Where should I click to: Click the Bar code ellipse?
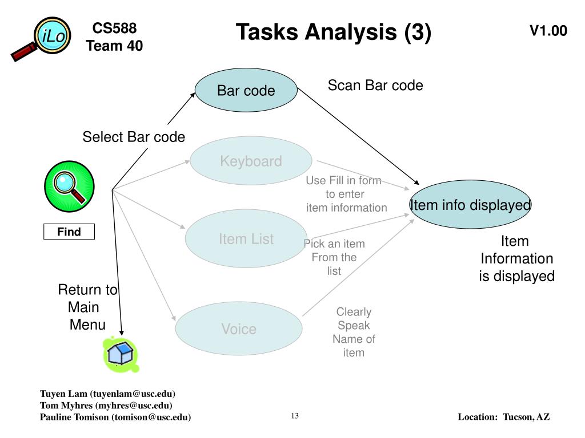246,90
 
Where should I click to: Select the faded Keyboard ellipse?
251,161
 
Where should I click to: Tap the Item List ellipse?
246,238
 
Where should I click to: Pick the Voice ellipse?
239,328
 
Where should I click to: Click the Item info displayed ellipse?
470,205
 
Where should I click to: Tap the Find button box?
69,232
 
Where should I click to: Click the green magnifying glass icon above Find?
69,186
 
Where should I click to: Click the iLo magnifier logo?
42,38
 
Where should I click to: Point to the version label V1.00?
548,31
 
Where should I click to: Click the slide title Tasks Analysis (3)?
334,32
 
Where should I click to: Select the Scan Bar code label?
375,86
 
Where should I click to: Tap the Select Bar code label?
134,137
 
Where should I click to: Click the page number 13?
295,416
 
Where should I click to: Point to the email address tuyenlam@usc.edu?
133,394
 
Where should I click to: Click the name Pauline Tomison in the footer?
74,417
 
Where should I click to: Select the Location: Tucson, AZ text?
504,417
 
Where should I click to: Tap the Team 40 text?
114,46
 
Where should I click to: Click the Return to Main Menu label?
87,307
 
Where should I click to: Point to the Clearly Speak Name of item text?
354,332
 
